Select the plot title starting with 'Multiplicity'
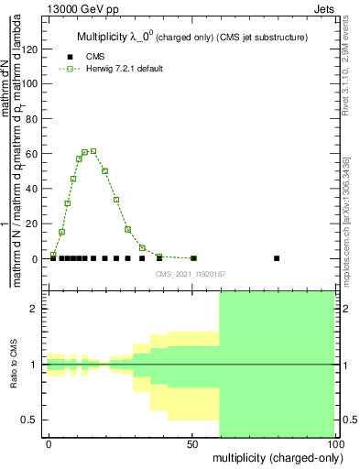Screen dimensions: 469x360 191,37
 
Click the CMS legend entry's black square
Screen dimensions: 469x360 67,56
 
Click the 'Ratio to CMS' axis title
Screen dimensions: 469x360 14,365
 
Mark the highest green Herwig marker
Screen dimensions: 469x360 93,151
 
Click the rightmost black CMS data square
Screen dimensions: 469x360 277,258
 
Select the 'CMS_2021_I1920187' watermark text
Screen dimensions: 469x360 191,273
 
